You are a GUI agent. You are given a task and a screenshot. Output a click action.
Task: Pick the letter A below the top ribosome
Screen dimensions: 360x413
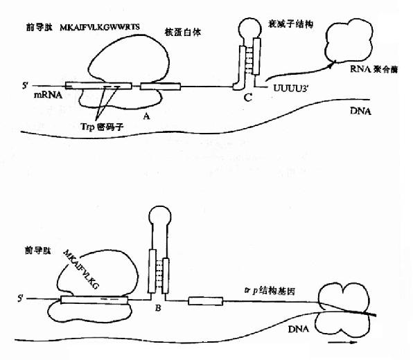coord(146,118)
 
